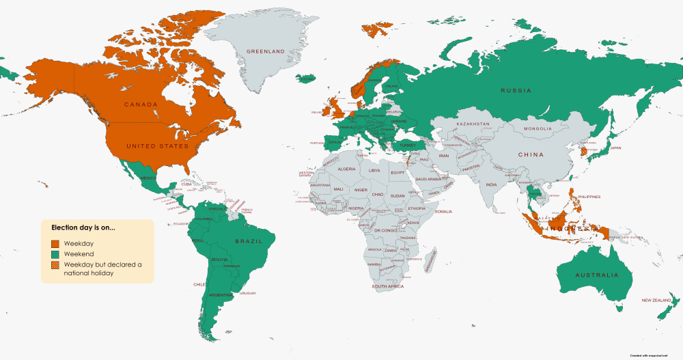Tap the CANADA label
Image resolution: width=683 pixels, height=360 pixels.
[x=141, y=105]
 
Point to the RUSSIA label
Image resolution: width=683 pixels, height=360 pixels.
[x=516, y=90]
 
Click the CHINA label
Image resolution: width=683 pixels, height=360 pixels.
[x=531, y=154]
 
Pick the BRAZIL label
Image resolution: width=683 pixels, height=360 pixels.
[x=249, y=241]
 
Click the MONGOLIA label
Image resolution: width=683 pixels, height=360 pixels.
[x=538, y=129]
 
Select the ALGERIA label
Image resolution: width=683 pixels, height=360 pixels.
[x=347, y=169]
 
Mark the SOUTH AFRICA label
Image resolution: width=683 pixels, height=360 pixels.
[x=388, y=286]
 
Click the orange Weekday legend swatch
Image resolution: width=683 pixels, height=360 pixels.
[x=54, y=243]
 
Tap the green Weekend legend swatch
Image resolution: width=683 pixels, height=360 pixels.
[x=54, y=254]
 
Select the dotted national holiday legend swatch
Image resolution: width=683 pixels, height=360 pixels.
[x=54, y=265]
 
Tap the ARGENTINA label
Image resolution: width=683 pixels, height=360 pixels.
[x=219, y=294]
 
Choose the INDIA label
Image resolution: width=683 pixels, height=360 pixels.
[x=491, y=184]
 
